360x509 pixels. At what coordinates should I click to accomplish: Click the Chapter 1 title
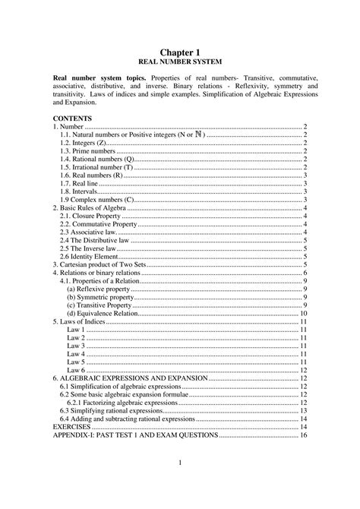click(x=179, y=50)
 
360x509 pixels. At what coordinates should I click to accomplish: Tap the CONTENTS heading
click(x=72, y=119)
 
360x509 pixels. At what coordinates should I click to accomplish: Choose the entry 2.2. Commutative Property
click(x=98, y=224)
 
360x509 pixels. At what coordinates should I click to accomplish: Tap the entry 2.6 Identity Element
click(x=91, y=256)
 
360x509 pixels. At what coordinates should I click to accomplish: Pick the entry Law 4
click(x=75, y=353)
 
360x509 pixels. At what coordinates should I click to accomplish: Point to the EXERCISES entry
click(x=72, y=427)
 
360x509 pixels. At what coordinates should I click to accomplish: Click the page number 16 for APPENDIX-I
click(x=303, y=435)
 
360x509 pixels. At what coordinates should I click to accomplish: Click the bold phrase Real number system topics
click(x=99, y=78)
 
